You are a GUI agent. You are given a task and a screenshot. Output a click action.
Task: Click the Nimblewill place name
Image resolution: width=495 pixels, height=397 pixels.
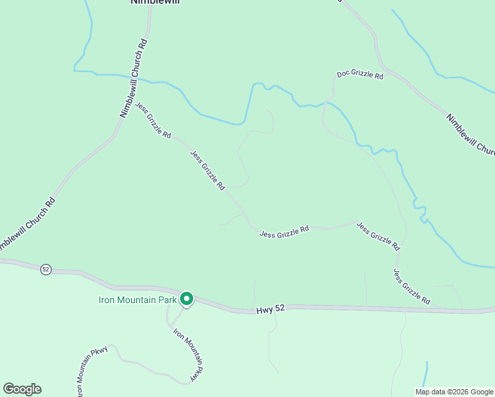154,2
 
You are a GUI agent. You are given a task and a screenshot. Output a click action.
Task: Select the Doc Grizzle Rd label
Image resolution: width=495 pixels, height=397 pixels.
360,75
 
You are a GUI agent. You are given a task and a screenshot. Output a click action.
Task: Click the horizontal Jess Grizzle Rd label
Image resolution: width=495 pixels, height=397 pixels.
285,232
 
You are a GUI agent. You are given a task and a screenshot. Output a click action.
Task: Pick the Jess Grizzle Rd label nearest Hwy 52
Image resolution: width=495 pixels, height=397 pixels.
412,287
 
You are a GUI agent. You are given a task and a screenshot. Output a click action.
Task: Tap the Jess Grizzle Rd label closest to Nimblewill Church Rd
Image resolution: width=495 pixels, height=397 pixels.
153,120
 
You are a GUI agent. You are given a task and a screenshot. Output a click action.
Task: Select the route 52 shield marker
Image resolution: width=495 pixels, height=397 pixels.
46,269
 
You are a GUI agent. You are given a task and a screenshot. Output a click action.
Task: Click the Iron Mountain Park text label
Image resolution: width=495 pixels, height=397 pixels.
138,300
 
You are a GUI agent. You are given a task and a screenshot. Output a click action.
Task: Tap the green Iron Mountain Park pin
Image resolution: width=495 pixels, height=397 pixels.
187,300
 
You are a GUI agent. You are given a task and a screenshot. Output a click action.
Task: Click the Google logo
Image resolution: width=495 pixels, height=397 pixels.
22,389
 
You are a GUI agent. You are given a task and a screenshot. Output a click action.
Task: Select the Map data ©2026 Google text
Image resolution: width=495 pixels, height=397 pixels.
454,392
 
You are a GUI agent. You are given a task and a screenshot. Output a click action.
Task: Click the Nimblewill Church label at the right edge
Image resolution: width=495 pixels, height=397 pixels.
470,136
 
